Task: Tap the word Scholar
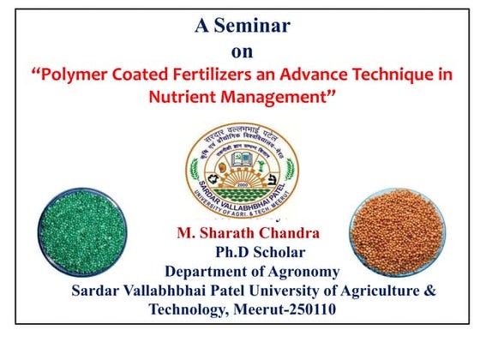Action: [279, 253]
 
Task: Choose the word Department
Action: [208, 272]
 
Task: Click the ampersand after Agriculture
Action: [430, 291]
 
